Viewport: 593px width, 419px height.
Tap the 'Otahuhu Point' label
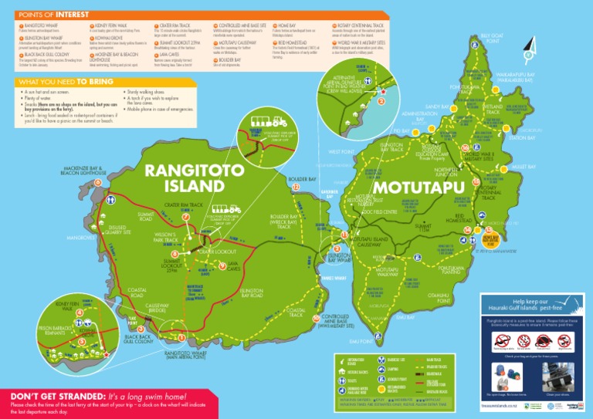coord(438,297)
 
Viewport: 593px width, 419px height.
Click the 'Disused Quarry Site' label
coord(117,229)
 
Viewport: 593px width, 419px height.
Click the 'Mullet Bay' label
coord(524,167)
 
